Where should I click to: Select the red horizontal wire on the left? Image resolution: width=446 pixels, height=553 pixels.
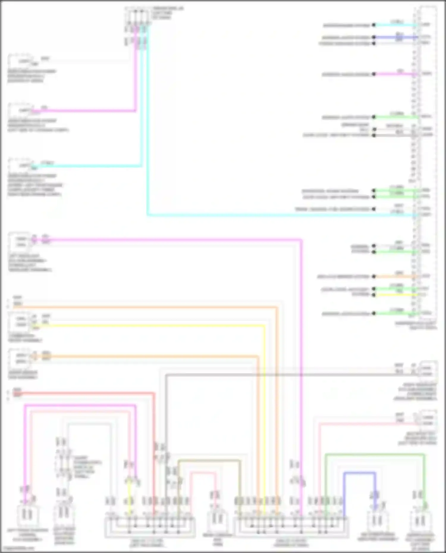click(89, 393)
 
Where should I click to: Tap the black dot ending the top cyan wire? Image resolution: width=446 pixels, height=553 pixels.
click(374, 25)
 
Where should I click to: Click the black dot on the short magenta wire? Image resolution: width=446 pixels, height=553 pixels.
click(374, 74)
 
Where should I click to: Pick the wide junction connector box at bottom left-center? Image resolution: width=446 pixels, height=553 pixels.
click(150, 527)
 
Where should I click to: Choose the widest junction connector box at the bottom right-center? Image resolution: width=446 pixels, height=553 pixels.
click(291, 527)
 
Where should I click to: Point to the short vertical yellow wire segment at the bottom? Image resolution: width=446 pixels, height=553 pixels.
click(129, 499)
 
